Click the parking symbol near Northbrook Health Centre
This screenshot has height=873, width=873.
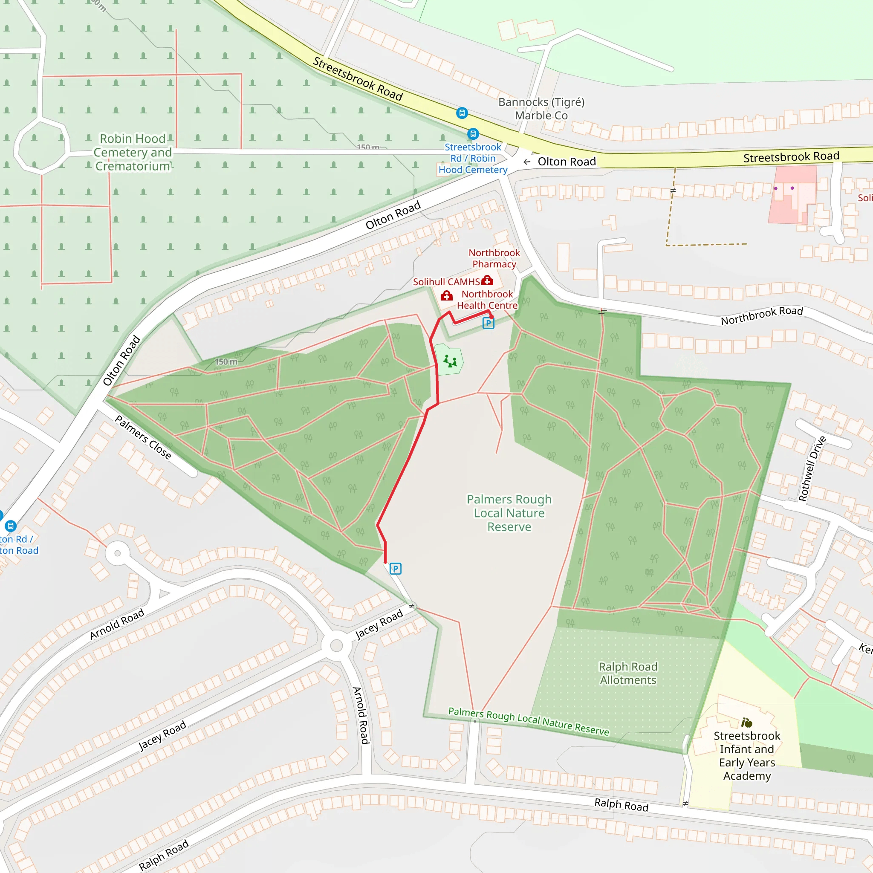pyautogui.click(x=488, y=323)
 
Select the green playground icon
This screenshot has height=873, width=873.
pyautogui.click(x=450, y=361)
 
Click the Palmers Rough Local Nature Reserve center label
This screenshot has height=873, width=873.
pyautogui.click(x=509, y=513)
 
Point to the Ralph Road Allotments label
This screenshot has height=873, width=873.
pyautogui.click(x=627, y=673)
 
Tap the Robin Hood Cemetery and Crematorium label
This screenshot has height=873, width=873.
pyautogui.click(x=133, y=152)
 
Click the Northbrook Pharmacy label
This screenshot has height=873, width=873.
pyautogui.click(x=494, y=258)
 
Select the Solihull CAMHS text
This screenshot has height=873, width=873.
pyautogui.click(x=446, y=282)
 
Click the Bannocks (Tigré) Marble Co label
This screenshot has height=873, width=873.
pyautogui.click(x=541, y=108)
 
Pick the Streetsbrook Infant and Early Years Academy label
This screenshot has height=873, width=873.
pyautogui.click(x=747, y=755)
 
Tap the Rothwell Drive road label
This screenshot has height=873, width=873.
pyautogui.click(x=812, y=468)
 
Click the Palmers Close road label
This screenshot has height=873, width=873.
pyautogui.click(x=143, y=437)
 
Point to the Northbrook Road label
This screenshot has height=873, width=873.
pyautogui.click(x=761, y=315)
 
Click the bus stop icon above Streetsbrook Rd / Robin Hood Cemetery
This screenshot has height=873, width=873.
pyautogui.click(x=473, y=134)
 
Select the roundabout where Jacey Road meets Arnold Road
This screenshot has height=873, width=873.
pyautogui.click(x=336, y=645)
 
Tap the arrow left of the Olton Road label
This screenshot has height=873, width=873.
pyautogui.click(x=527, y=162)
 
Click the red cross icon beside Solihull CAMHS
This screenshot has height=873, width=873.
pyautogui.click(x=487, y=280)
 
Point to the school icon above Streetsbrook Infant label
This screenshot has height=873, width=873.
pyautogui.click(x=746, y=723)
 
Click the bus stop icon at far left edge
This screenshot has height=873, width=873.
pyautogui.click(x=10, y=526)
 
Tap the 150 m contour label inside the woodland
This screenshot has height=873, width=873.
pyautogui.click(x=226, y=362)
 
